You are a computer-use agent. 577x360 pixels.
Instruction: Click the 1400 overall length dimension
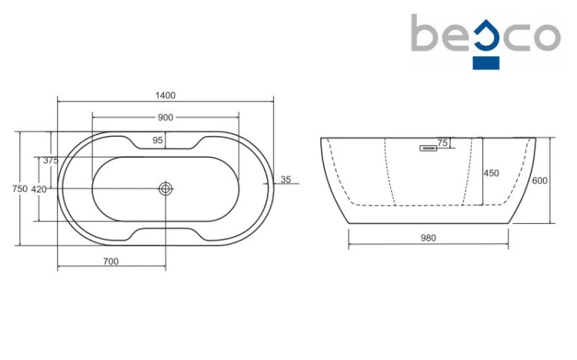tap(165, 95)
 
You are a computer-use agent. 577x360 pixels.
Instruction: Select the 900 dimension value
tap(165, 118)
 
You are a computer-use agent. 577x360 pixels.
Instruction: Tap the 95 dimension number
tap(158, 140)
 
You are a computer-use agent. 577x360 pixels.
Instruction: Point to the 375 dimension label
tap(51, 160)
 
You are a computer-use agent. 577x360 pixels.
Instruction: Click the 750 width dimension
tap(20, 188)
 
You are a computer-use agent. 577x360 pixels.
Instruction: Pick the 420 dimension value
tap(38, 189)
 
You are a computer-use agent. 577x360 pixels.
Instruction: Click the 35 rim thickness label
tap(285, 180)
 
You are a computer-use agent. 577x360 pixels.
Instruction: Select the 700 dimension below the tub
tap(111, 262)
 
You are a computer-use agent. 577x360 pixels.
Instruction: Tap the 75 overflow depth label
tap(442, 142)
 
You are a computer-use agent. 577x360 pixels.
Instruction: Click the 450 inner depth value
tap(492, 173)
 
